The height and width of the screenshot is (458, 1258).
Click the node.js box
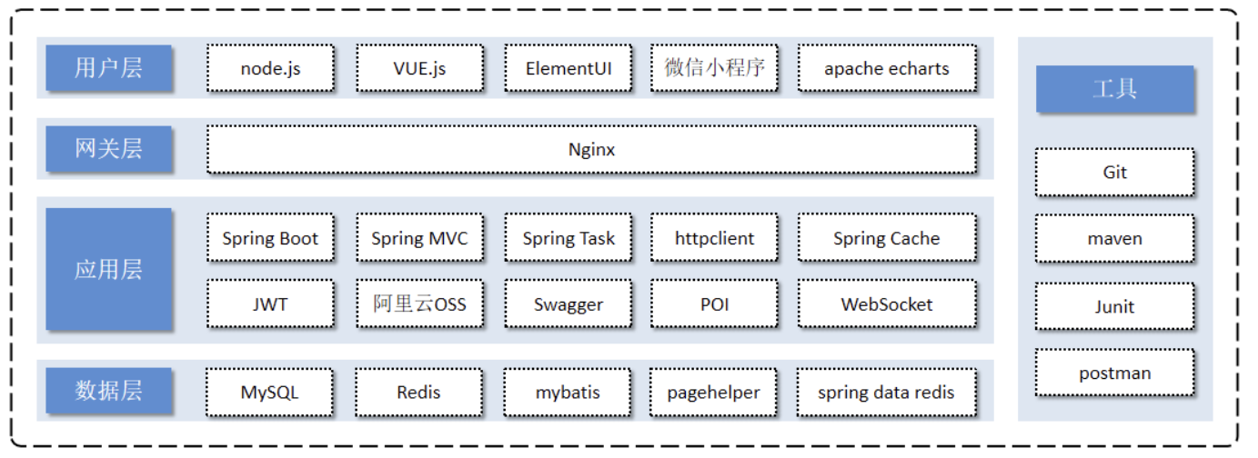[x=270, y=68]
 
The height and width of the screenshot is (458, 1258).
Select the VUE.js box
[x=419, y=68]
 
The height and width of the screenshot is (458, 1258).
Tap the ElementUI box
[x=569, y=68]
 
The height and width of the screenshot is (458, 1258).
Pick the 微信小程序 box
[x=714, y=68]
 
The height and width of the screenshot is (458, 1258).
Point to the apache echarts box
[x=887, y=68]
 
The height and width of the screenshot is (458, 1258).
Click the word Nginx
[x=591, y=150]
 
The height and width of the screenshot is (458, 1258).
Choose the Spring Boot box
[x=270, y=238]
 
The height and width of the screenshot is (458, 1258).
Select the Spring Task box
[x=569, y=238]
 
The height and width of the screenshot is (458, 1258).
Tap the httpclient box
[x=714, y=238]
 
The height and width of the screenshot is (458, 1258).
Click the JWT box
[x=270, y=304]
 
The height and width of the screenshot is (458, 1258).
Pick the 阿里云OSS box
[x=419, y=304]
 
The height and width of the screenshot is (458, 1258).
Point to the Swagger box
[x=569, y=304]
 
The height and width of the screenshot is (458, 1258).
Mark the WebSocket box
[x=887, y=304]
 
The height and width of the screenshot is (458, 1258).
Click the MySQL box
[x=269, y=393]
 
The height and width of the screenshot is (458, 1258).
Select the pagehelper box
[x=713, y=393]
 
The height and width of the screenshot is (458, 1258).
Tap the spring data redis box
[x=886, y=393]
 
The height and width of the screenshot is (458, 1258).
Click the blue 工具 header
[x=1115, y=89]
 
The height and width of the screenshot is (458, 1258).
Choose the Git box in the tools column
[x=1115, y=173]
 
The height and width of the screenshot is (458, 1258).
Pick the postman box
[x=1115, y=373]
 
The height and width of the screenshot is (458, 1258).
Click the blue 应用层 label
[x=108, y=269]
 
